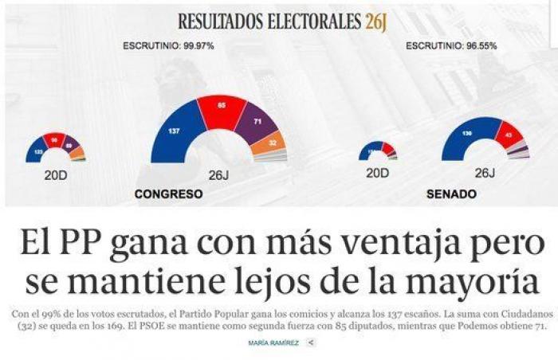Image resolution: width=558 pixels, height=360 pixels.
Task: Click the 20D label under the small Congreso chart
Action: click(x=55, y=173)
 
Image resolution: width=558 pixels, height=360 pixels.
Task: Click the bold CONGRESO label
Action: click(x=168, y=194)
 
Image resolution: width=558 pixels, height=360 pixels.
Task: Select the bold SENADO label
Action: click(x=452, y=194)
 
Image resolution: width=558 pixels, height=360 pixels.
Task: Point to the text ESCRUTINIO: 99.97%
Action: click(x=168, y=45)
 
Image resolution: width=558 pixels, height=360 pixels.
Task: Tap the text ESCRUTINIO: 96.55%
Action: click(x=451, y=45)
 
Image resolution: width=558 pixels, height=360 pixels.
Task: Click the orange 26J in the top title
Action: click(x=375, y=22)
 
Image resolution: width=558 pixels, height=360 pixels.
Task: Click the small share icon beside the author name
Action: click(x=311, y=342)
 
